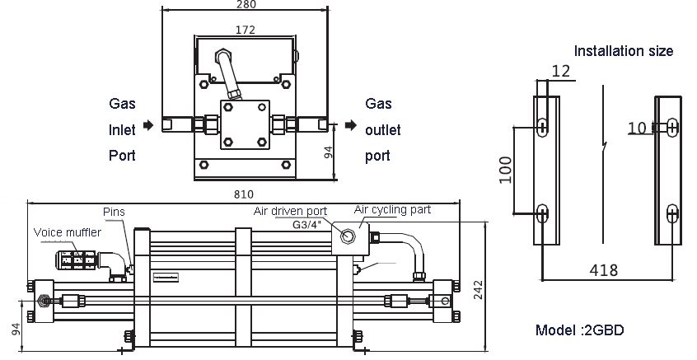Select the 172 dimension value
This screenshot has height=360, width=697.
245,30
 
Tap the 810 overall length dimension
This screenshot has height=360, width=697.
242,194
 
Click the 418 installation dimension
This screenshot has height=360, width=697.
605,269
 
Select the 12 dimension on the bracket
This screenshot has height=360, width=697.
560,72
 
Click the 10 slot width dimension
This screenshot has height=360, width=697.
637,128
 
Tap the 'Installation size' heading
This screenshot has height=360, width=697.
623,51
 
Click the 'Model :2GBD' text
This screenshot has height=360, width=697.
580,330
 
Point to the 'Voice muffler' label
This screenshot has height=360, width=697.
68,232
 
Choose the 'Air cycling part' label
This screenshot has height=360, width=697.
392,210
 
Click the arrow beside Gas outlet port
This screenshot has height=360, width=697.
351,126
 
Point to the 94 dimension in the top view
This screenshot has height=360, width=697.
327,152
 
